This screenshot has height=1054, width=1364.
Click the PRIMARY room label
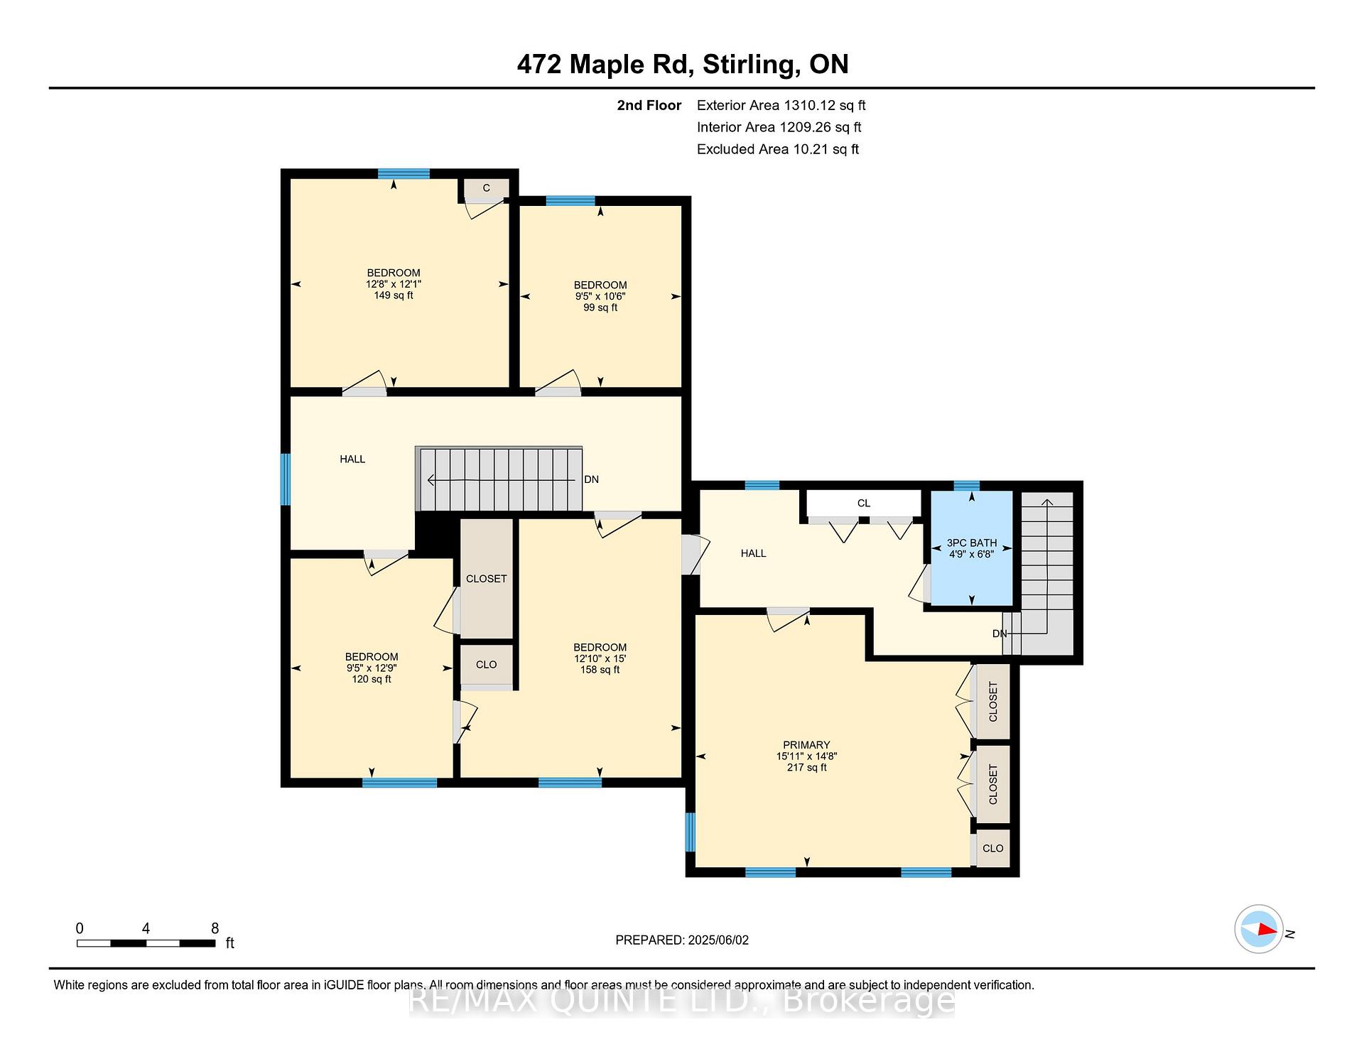pyautogui.click(x=806, y=745)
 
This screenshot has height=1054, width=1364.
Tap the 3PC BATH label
pyautogui.click(x=972, y=543)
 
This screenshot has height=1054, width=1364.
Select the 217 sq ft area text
pyautogui.click(x=806, y=767)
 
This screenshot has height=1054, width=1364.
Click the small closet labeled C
pyautogui.click(x=487, y=188)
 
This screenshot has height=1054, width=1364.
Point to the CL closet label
pyautogui.click(x=864, y=503)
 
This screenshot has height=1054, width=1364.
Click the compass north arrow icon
pyautogui.click(x=1259, y=929)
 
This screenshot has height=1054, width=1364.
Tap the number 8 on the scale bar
pyautogui.click(x=215, y=928)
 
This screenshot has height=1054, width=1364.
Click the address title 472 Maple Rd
pyautogui.click(x=605, y=65)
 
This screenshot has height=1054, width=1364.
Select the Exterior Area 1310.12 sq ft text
pyautogui.click(x=781, y=105)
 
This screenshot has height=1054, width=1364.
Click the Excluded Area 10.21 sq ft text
pyautogui.click(x=778, y=149)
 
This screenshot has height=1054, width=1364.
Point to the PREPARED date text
pyautogui.click(x=682, y=940)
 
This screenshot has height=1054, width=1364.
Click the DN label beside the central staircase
pyautogui.click(x=591, y=479)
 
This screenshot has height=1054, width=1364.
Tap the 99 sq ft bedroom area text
pyautogui.click(x=600, y=308)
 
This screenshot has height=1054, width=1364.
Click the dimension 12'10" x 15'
pyautogui.click(x=600, y=658)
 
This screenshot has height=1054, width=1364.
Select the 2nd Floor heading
pyautogui.click(x=649, y=105)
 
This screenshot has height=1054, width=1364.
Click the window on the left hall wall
pyautogui.click(x=286, y=479)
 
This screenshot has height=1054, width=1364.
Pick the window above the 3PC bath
pyautogui.click(x=966, y=486)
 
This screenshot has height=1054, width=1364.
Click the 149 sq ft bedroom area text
pyautogui.click(x=394, y=295)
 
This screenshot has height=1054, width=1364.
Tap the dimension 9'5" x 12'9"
pyautogui.click(x=372, y=668)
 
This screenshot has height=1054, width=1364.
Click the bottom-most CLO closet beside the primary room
pyautogui.click(x=993, y=848)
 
